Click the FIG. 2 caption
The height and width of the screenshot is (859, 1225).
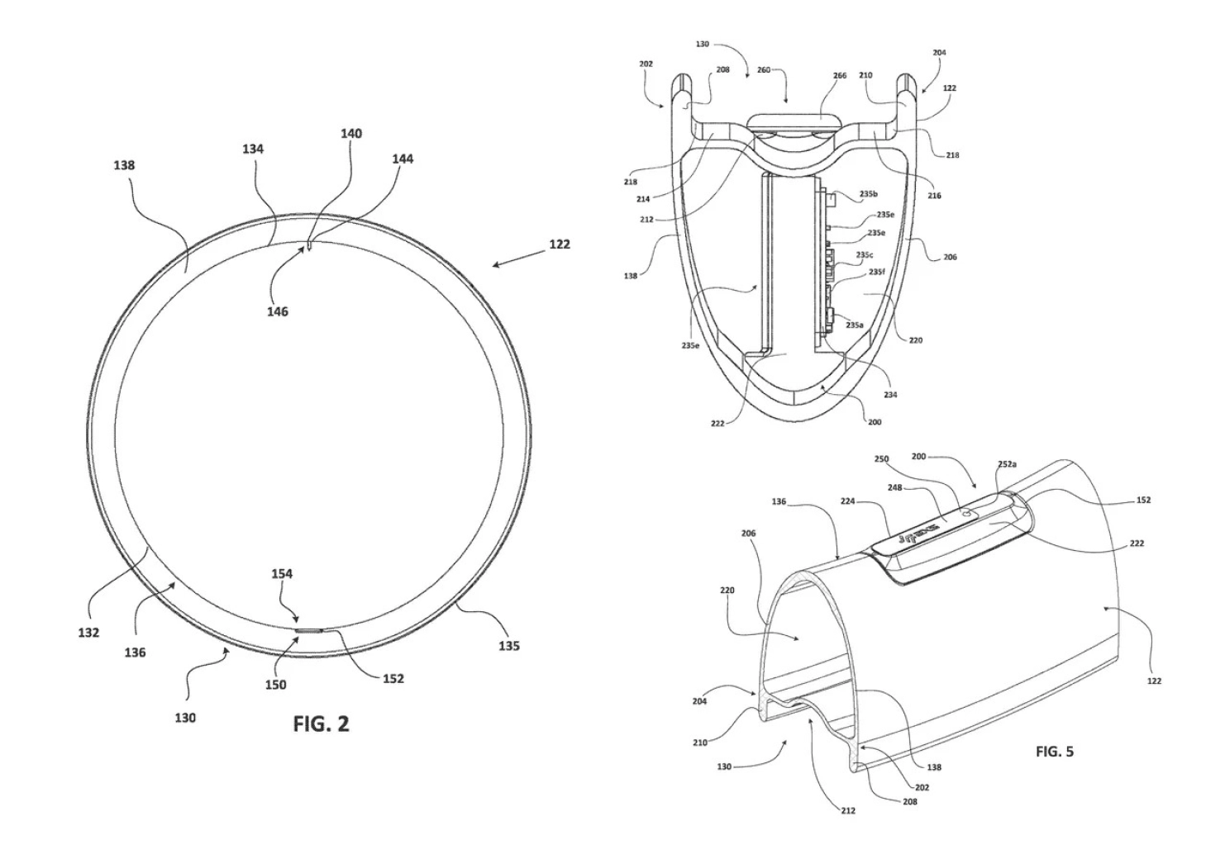(321, 724)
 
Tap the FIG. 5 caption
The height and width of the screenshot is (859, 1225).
(1054, 752)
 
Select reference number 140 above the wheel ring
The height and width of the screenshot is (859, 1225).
(350, 134)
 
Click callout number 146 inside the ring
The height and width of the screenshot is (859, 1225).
(277, 311)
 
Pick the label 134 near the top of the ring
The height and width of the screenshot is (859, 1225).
(253, 149)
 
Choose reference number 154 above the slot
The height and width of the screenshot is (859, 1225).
(281, 573)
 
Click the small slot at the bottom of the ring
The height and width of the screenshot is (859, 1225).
(310, 630)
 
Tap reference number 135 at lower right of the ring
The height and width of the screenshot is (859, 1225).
(508, 646)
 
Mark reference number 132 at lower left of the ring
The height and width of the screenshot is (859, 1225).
(88, 633)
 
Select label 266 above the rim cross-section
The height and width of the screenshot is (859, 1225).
(839, 76)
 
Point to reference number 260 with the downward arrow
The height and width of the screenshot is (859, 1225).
(763, 70)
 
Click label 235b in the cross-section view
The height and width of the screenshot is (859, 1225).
(868, 195)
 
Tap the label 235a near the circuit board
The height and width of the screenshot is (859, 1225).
(855, 325)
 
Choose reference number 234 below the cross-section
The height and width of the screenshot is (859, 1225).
(890, 395)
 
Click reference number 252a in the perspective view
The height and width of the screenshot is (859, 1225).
(1007, 464)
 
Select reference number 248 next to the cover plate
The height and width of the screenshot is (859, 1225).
(895, 488)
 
